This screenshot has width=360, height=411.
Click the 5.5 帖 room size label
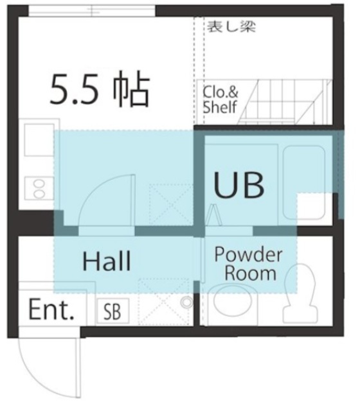(100, 91)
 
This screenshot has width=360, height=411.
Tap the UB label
(239, 186)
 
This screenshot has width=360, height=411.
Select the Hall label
(107, 262)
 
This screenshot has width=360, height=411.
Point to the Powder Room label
(248, 264)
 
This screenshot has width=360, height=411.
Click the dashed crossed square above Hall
(170, 204)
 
